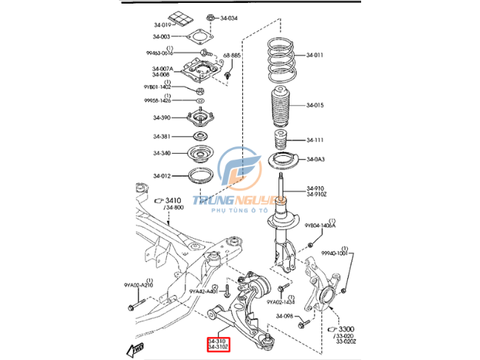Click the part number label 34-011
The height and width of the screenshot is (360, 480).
315,55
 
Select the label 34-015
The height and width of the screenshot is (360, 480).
315,105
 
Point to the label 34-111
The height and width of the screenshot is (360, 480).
315,140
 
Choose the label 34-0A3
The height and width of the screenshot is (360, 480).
315,159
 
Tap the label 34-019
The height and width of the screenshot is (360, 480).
162,24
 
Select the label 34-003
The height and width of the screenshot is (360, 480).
162,36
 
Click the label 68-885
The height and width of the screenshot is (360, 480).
232,55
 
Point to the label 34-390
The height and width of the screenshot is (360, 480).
162,118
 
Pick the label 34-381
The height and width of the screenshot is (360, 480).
162,136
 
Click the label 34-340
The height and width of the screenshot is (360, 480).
162,153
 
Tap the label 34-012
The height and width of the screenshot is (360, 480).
162,175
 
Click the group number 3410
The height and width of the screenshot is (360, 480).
173,200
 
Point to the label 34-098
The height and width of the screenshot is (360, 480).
285,316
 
